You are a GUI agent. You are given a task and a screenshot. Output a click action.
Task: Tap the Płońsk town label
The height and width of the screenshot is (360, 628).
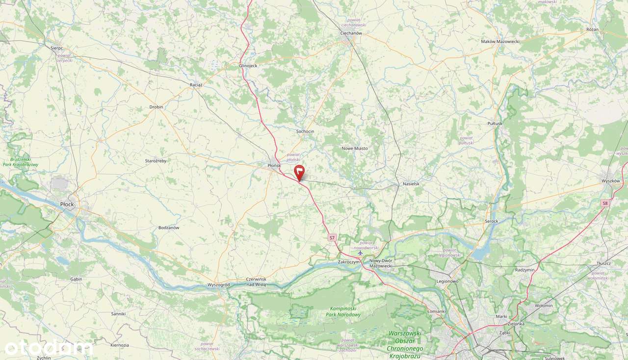click(x=274, y=166)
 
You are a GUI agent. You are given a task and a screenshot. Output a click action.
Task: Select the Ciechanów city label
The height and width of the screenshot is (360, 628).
click(x=351, y=33)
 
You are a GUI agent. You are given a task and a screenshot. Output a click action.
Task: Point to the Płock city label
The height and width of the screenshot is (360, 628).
click(x=67, y=203)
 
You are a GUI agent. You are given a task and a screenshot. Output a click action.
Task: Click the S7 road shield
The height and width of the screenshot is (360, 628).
click(x=332, y=237)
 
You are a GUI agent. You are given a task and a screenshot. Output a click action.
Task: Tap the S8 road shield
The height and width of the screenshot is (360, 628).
click(x=605, y=203)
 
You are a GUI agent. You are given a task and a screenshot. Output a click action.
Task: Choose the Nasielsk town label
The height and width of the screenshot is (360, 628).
click(x=411, y=183)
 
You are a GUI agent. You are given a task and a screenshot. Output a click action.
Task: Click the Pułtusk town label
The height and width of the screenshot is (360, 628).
click(x=495, y=124)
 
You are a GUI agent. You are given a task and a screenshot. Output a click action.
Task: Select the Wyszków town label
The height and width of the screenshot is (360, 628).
click(x=611, y=181)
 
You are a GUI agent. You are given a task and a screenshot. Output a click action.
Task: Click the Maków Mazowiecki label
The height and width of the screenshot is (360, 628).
click(x=500, y=42)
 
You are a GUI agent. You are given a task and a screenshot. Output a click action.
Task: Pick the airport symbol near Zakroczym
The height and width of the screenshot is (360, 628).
click(x=361, y=254)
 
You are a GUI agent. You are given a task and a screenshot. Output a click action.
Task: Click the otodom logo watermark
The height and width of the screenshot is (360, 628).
click(x=48, y=348)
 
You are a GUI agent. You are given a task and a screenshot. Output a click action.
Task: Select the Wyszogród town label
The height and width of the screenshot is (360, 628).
click(x=218, y=284)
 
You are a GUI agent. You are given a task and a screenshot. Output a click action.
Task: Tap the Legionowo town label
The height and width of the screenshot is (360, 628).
click(x=447, y=281)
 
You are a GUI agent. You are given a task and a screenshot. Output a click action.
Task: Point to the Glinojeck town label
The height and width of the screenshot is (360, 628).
click(x=248, y=65)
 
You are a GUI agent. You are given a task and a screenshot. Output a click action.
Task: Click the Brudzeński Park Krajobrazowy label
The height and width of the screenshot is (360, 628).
click(x=24, y=162)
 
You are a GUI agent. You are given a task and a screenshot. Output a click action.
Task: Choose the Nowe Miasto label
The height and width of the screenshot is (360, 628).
click(x=354, y=148)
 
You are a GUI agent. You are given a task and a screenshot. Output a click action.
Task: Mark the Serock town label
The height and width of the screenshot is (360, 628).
click(x=491, y=221)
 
